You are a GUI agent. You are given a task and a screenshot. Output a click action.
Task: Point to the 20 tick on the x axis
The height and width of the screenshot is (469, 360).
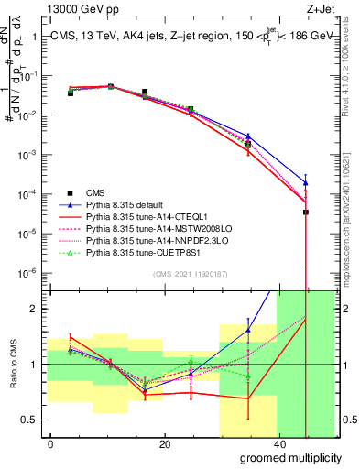pyautogui.click(x=164, y=444)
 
